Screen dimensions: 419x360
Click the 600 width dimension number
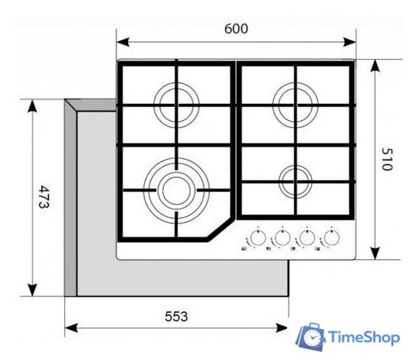pos(236,29)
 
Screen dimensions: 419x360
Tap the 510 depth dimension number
pos(386,159)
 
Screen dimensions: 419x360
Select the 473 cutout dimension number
pos(43,197)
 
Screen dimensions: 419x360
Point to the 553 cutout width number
pos(176,317)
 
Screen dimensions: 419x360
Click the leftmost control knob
pos(258,237)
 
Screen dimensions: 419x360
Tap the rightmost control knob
pos(331,237)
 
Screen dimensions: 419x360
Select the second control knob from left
pos(282,237)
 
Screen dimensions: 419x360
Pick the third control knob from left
pos(307,237)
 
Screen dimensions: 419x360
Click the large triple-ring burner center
pos(176,190)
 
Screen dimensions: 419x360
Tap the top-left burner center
pos(176,105)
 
